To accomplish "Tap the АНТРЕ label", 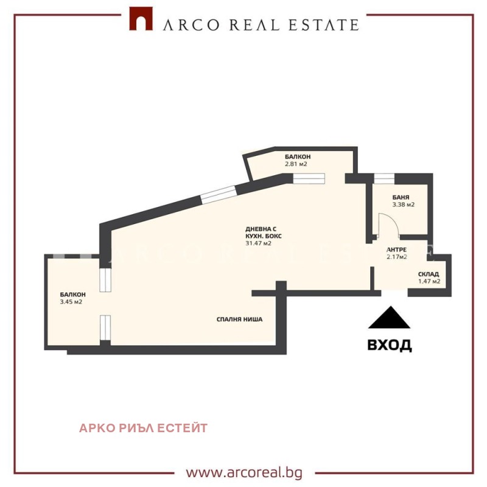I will [396, 250].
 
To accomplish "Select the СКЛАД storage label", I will [429, 274].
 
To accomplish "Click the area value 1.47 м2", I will [429, 281].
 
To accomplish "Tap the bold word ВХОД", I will [390, 345].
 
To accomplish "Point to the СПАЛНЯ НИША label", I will [239, 319].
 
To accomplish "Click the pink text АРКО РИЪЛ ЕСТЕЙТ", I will [143, 428].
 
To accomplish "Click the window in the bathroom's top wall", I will [384, 178].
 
